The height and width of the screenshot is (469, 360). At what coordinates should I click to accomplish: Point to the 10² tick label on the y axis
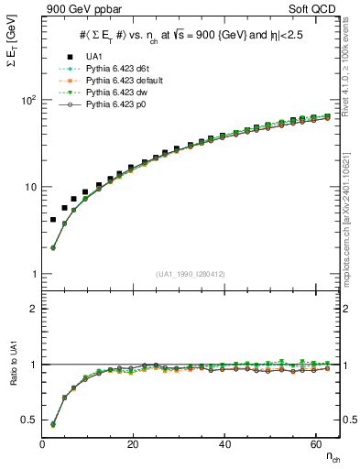(x=27, y=100)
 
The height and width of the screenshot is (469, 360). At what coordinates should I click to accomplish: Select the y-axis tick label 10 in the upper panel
(x=29, y=187)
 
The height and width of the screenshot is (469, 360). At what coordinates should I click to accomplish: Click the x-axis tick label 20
(x=133, y=443)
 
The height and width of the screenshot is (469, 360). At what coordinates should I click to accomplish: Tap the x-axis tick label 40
(x=224, y=443)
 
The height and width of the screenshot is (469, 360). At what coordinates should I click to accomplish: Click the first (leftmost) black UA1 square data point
(x=53, y=220)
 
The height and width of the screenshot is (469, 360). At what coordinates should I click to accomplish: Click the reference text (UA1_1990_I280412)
(x=191, y=274)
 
